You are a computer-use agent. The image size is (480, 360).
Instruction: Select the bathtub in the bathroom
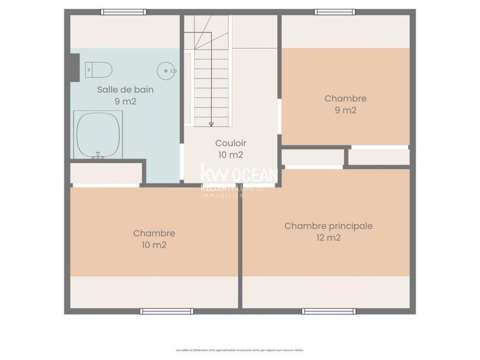pos(98,135)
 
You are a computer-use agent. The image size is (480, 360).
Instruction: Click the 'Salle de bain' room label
pos(125,90)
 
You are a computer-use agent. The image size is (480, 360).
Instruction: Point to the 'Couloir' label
pos(230,143)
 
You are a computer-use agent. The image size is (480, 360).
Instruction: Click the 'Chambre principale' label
pos(328,226)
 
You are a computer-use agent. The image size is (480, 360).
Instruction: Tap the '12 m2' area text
pos(328,238)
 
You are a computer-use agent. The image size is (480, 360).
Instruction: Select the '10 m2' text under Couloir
pos(230,155)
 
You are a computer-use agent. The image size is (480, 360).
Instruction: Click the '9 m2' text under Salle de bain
pos(125,101)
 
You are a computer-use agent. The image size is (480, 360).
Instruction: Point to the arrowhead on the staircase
pos(211,124)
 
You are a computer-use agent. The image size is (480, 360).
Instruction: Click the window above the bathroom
pos(124,12)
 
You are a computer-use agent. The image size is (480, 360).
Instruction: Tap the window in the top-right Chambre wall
pos(335,12)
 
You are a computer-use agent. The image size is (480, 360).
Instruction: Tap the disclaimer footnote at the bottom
pos(239,350)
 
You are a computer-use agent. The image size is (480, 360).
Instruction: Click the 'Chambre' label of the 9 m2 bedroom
pos(345,98)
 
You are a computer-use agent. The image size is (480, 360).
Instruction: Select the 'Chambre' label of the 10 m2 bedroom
pos(154,233)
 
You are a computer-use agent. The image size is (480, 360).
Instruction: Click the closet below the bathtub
pos(106,173)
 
